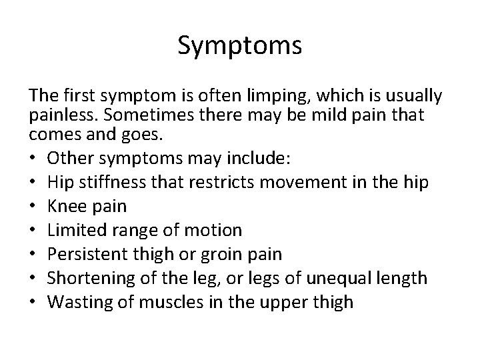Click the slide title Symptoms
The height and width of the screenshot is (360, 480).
240,46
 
